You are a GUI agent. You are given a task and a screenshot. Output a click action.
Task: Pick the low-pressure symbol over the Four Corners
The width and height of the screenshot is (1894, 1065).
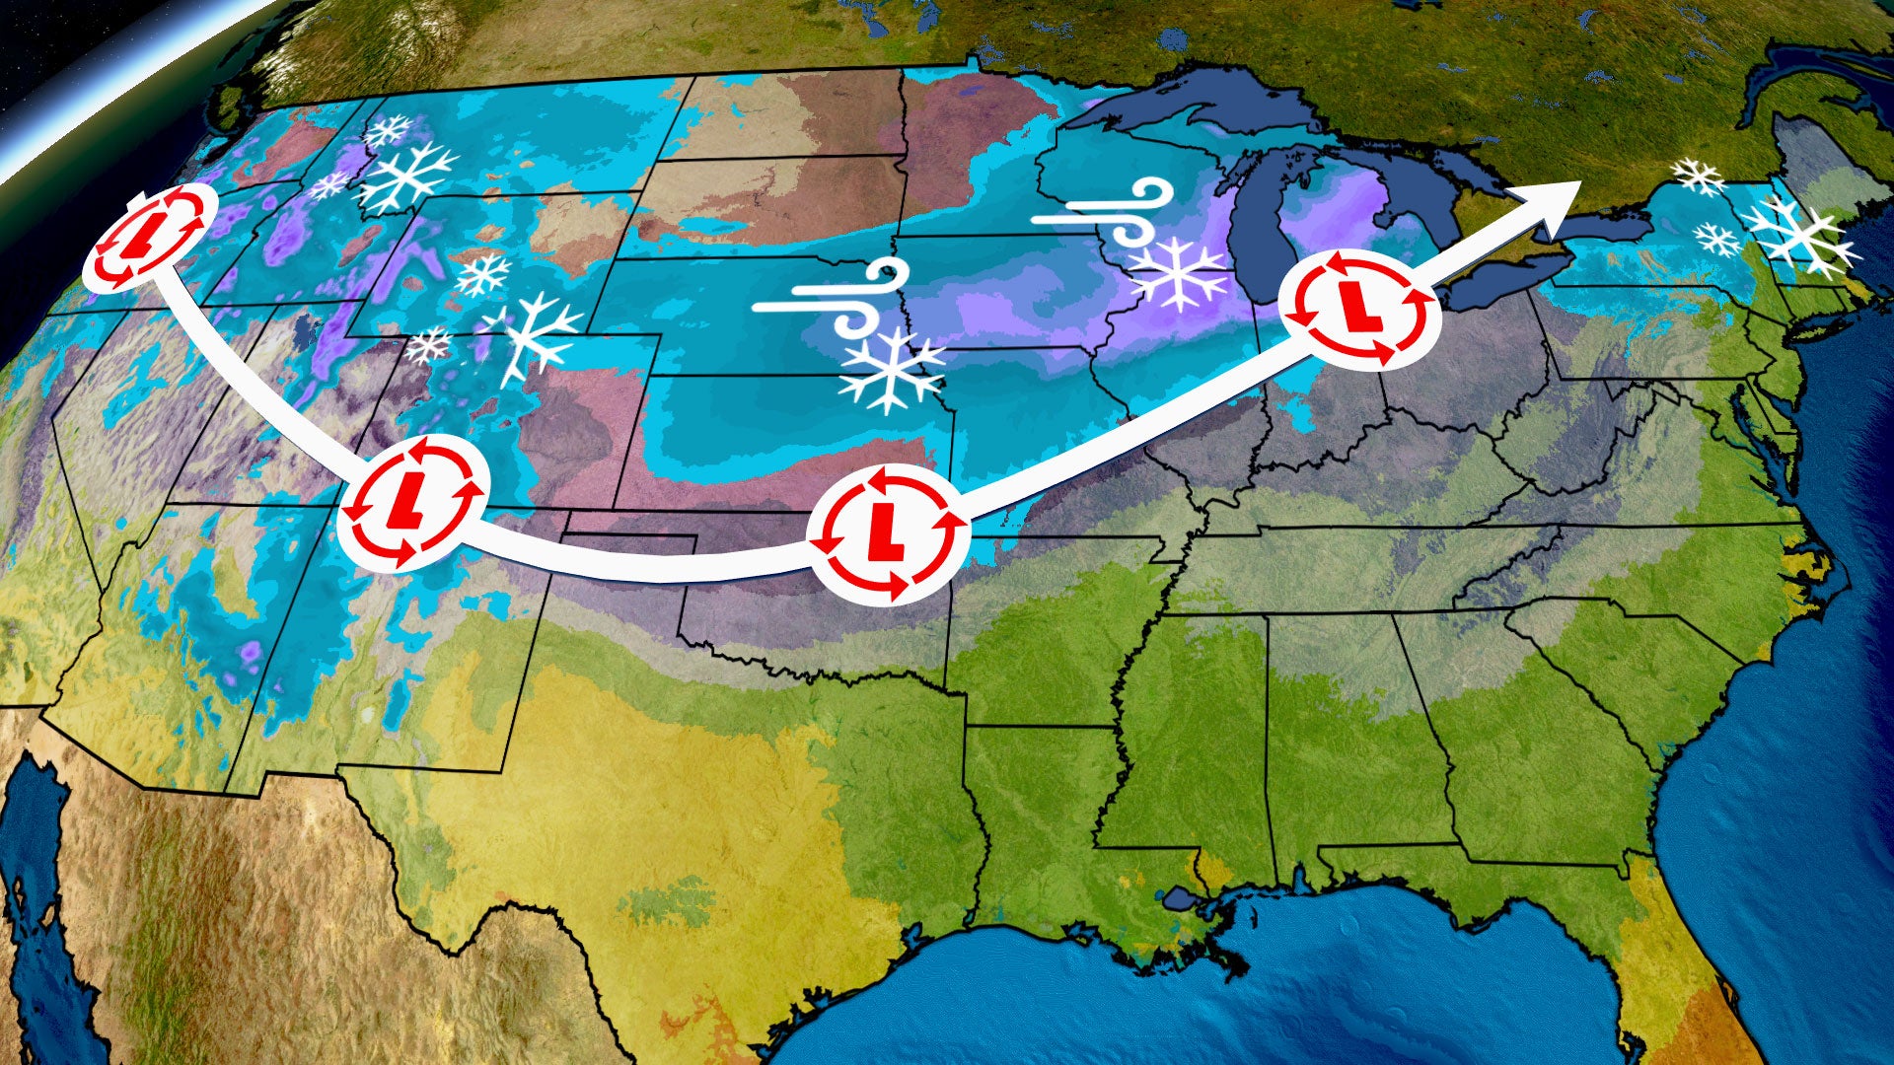click(x=413, y=502)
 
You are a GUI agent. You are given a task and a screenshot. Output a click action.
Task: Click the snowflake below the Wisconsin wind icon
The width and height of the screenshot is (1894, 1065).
click(x=1179, y=270)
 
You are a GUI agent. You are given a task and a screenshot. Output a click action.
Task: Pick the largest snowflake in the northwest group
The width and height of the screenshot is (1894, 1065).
click(x=407, y=177)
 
